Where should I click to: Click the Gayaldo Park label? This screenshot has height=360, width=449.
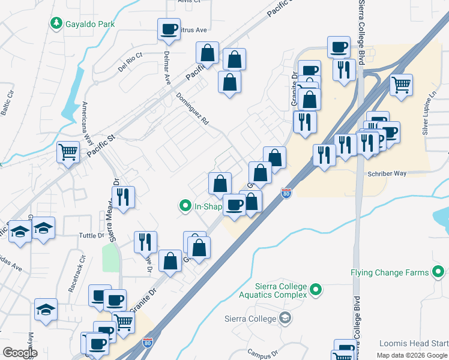pos(90,24)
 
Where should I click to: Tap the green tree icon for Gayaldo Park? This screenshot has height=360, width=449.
pos(56,23)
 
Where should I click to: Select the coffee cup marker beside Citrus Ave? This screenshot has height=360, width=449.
pos(169,28)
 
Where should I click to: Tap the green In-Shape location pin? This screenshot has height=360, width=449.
pos(185,206)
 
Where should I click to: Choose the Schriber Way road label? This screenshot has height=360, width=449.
pos(387,173)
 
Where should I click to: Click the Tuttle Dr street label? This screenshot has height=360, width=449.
pos(92,235)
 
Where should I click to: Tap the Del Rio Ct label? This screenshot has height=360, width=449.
pos(130,61)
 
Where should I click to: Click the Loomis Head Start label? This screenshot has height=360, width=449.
pos(414,344)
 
